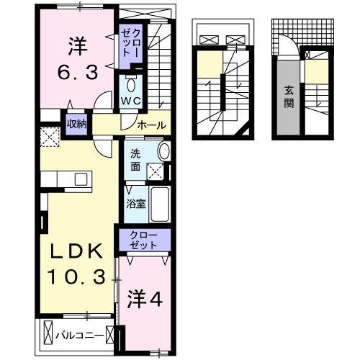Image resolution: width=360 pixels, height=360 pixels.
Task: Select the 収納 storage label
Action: click(x=77, y=124)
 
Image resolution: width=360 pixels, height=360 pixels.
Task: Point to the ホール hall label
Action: click(x=150, y=125)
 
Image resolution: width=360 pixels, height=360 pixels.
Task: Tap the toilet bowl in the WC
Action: click(x=130, y=81)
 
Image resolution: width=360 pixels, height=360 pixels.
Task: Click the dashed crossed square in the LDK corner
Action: click(x=30, y=135)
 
